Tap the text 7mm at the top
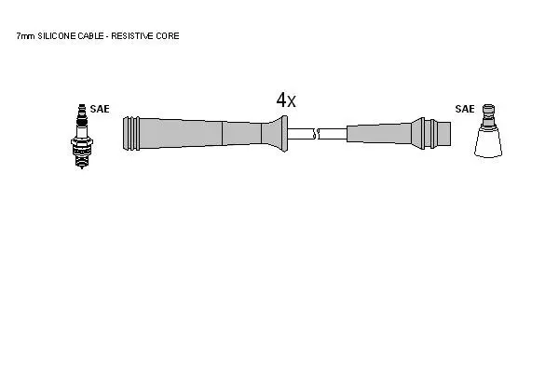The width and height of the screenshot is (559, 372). [26, 36]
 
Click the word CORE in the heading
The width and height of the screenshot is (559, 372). [168, 36]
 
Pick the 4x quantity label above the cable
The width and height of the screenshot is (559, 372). [286, 100]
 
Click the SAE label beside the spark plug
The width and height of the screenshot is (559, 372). [100, 109]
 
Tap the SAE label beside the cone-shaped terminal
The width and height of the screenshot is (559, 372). [465, 109]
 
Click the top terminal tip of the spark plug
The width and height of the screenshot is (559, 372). [82, 108]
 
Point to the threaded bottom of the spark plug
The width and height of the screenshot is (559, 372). [82, 161]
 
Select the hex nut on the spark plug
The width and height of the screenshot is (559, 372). [82, 141]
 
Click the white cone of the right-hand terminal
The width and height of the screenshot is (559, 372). [488, 142]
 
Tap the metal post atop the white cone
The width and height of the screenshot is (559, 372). [488, 115]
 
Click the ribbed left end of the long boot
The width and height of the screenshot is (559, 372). [131, 134]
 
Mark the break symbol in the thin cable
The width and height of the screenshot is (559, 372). [316, 134]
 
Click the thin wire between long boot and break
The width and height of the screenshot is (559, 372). [300, 134]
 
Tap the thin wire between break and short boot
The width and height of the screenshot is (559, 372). [333, 134]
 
